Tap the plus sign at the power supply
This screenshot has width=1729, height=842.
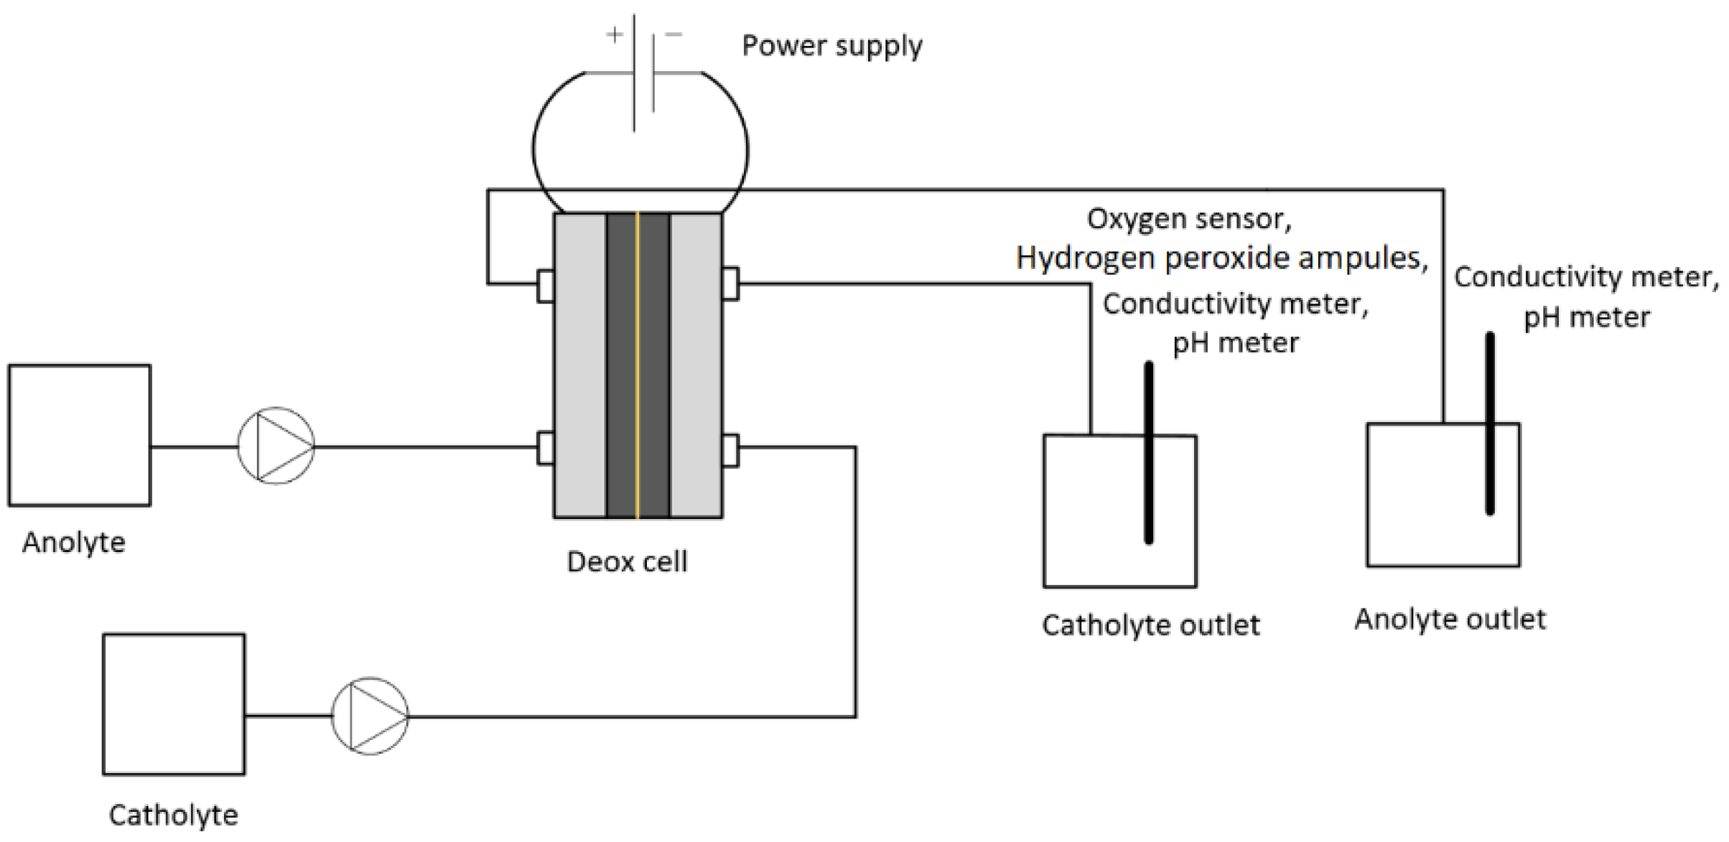coord(615,34)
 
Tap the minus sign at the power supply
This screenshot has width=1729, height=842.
coord(673,34)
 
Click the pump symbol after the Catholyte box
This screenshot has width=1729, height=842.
coord(370,716)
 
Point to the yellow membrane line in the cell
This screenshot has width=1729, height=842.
coord(637,365)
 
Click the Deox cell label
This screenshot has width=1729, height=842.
coord(627,561)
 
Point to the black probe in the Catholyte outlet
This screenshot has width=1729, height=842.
coord(1149,453)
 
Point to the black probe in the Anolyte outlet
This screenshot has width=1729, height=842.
coord(1490,424)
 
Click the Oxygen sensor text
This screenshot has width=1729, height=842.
coord(1189,219)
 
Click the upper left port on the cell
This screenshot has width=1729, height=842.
coord(546,285)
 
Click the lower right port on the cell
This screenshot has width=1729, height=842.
coord(730,451)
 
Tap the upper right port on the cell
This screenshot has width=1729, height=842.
coord(730,284)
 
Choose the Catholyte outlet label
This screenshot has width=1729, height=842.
coord(1151,625)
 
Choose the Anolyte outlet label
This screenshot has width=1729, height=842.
coord(1450,619)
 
